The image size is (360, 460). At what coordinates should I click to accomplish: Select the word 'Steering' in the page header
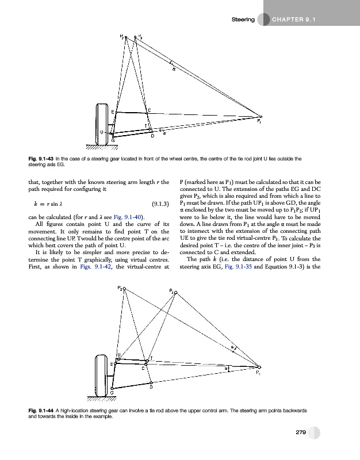click(243, 20)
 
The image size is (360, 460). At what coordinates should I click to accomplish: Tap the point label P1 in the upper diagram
click(260, 121)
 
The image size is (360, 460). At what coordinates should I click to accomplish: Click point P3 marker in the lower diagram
click(176, 293)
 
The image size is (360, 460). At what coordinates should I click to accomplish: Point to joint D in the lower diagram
click(151, 382)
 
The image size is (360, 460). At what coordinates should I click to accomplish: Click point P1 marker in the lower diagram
click(260, 366)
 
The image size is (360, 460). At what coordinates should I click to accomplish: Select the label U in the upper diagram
click(102, 132)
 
